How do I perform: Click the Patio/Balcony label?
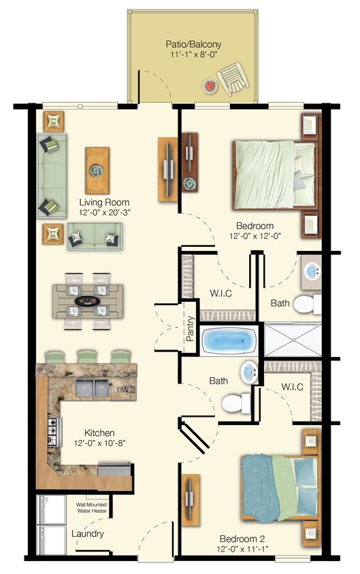pyautogui.click(x=194, y=45)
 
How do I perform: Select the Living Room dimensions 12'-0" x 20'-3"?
pyautogui.click(x=103, y=213)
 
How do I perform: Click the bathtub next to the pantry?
pyautogui.click(x=228, y=338)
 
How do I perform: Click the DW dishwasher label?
pyautogui.click(x=123, y=390)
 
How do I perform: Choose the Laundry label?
pyautogui.click(x=88, y=534)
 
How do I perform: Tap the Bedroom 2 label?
pyautogui.click(x=240, y=538)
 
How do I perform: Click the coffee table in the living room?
pyautogui.click(x=97, y=171)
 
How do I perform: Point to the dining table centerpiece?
pyautogui.click(x=88, y=300)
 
